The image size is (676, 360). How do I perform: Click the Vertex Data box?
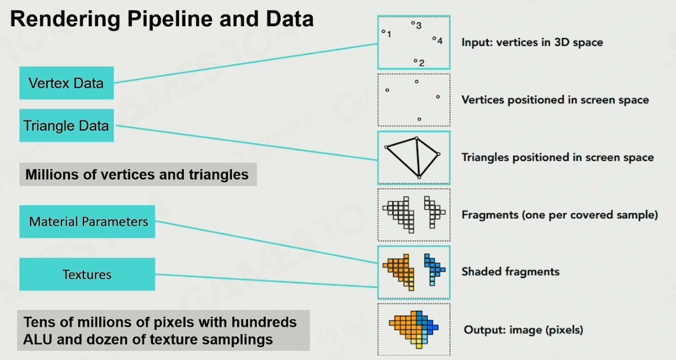[x=66, y=83]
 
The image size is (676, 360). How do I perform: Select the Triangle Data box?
[x=66, y=125]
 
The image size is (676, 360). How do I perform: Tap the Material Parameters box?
[x=87, y=222]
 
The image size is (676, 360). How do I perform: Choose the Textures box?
[x=87, y=274]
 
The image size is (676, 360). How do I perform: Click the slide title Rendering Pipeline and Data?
[x=162, y=20]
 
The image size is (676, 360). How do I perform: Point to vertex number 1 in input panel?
[x=383, y=31]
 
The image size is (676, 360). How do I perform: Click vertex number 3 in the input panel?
[x=412, y=23]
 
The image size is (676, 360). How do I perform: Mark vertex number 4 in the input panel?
[x=434, y=39]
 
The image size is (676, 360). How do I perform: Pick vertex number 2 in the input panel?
[x=415, y=61]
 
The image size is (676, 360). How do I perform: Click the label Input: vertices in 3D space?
[x=532, y=42]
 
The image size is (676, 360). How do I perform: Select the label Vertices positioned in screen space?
[x=555, y=100]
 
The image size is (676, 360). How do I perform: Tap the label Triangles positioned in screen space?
[x=557, y=157]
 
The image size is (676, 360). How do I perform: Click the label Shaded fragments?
[x=511, y=271]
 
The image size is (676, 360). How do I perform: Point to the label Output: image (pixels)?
[x=524, y=330]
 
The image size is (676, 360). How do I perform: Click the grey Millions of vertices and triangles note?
[x=138, y=174]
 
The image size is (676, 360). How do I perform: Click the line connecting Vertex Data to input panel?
[x=246, y=63]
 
